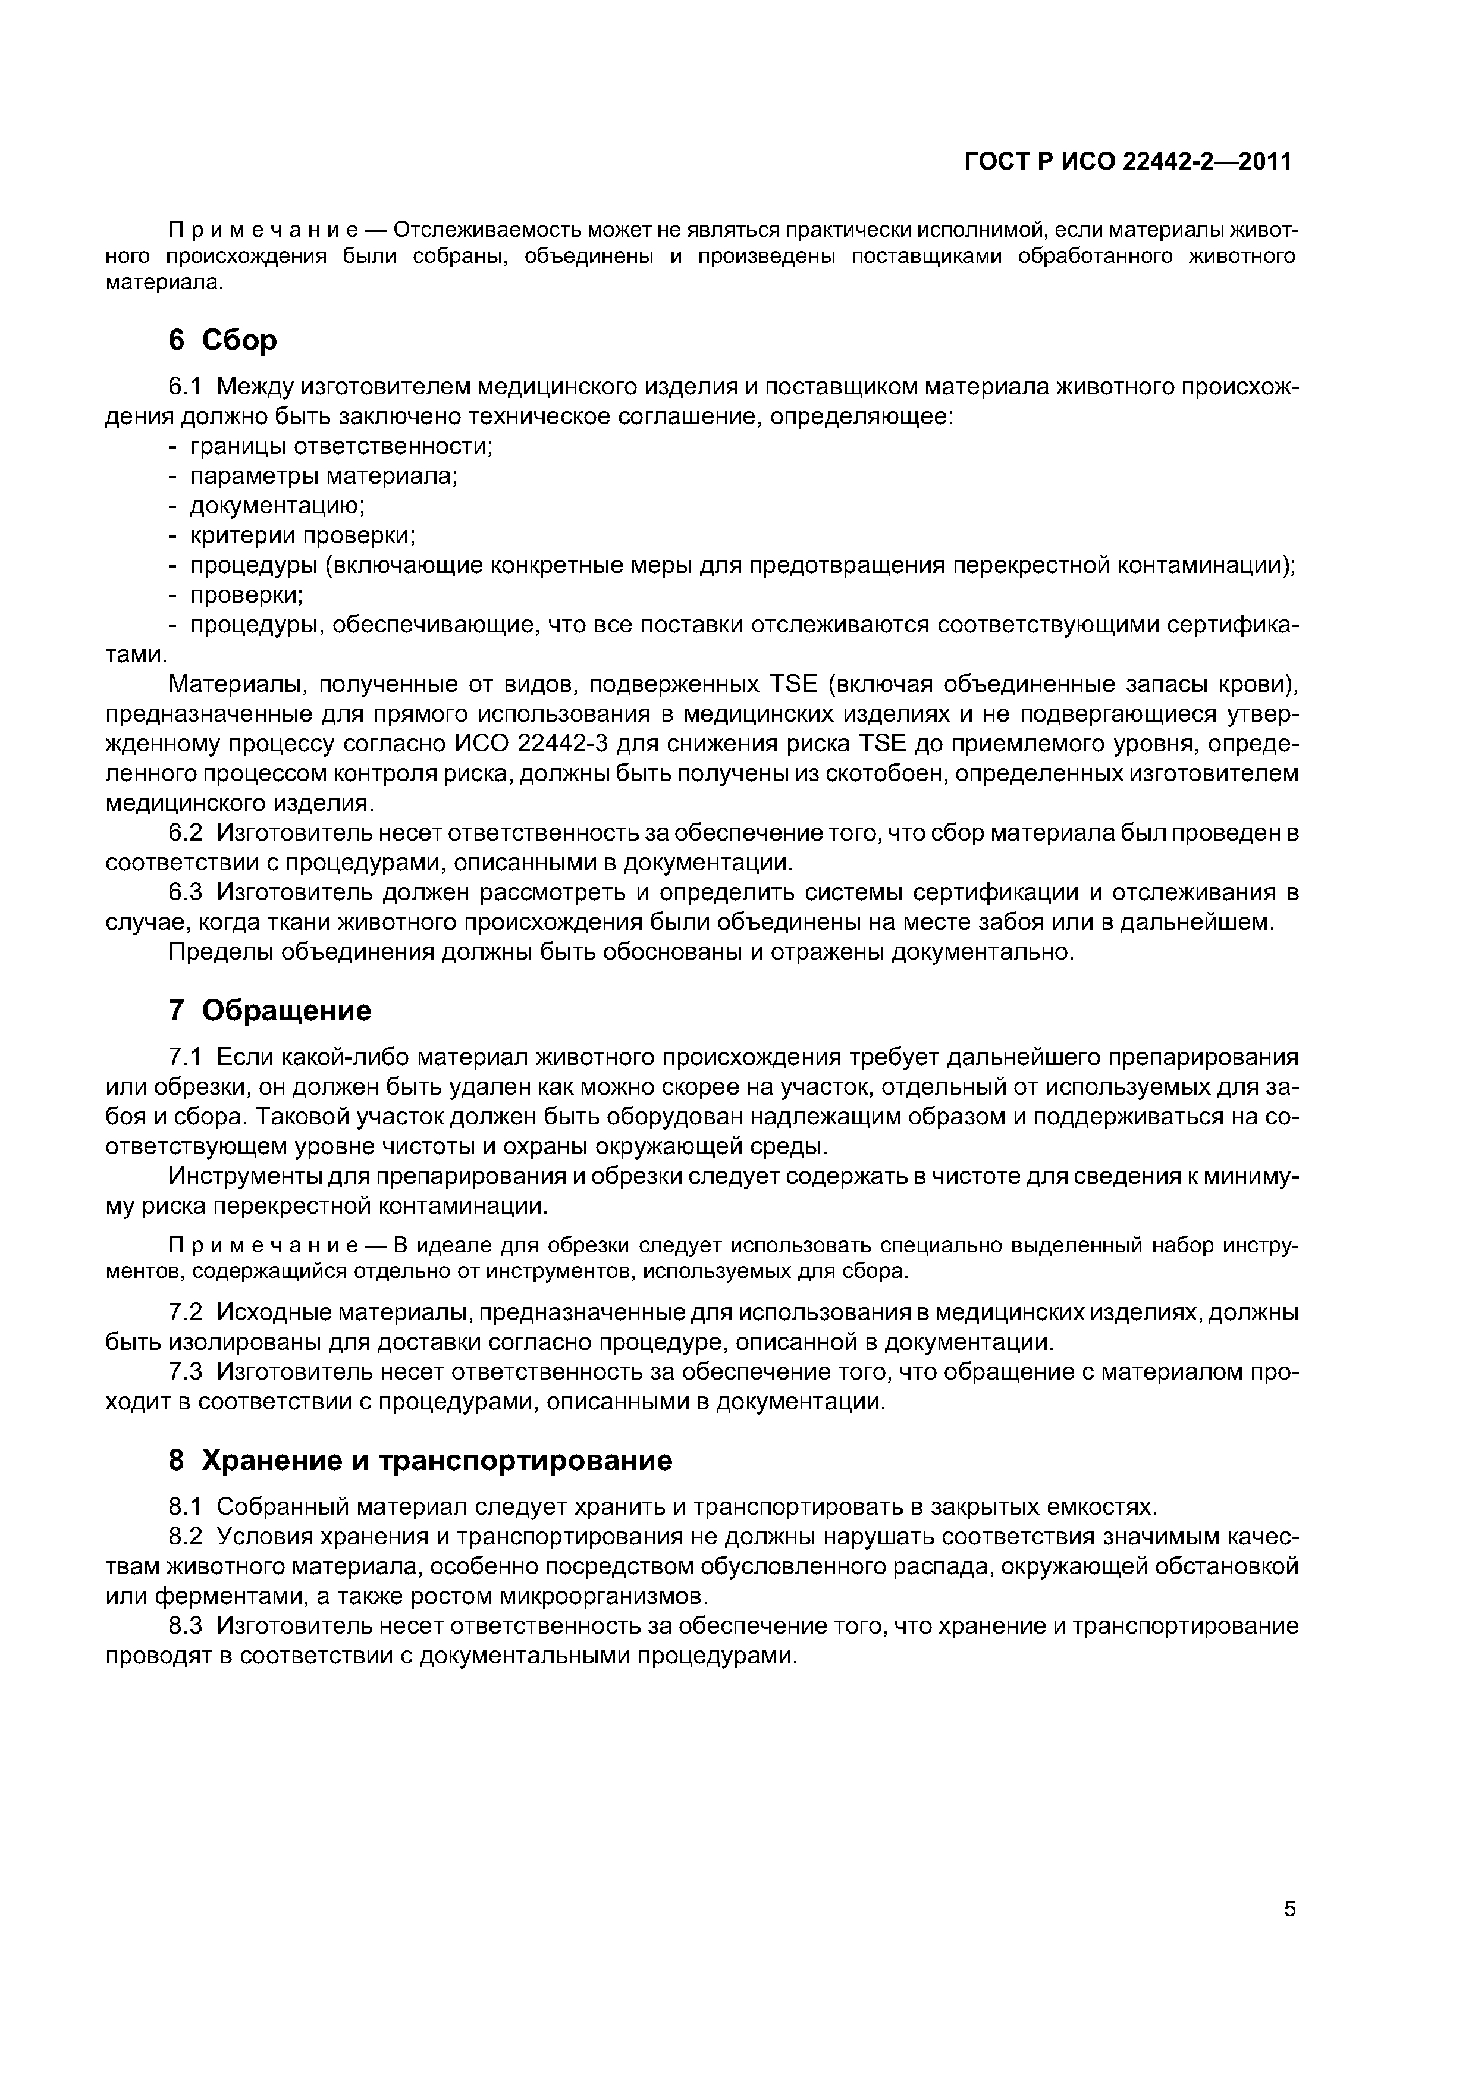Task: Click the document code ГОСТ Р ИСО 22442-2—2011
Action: (x=1128, y=162)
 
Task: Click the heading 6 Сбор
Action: (x=222, y=340)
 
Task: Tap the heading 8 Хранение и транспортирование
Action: (x=420, y=1460)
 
